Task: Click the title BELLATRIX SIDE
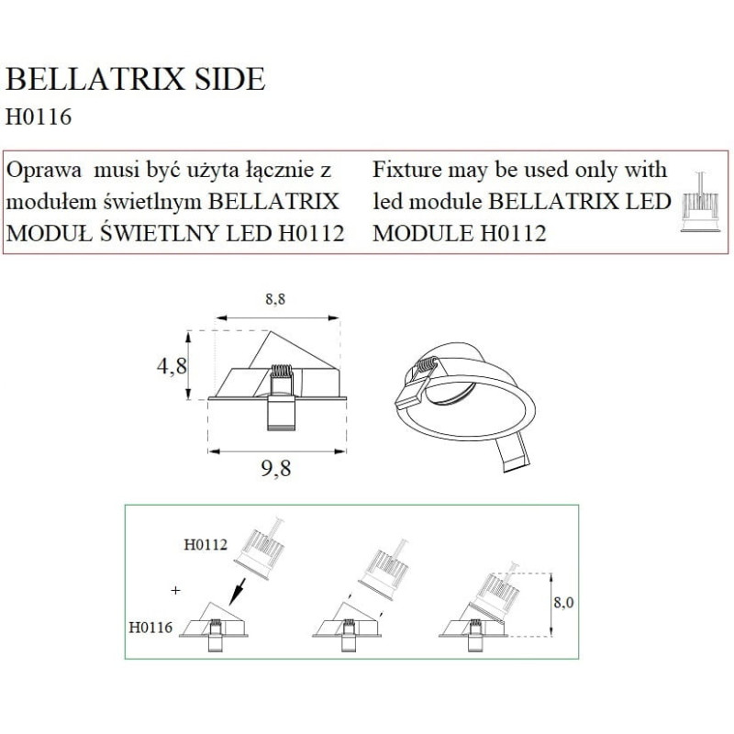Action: click(x=135, y=79)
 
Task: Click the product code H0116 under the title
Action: click(x=39, y=117)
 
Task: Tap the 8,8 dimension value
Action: click(x=275, y=299)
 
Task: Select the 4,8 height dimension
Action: click(x=172, y=365)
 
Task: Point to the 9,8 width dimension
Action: click(x=276, y=468)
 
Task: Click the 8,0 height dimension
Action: click(x=563, y=602)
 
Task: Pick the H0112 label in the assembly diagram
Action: click(x=206, y=544)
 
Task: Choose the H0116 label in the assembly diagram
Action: click(x=150, y=628)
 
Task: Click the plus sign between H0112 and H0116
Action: click(x=175, y=590)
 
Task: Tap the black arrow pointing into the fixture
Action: click(x=238, y=591)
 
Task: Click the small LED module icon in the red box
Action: click(x=695, y=202)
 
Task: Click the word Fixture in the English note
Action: click(x=406, y=170)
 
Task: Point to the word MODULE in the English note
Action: click(x=423, y=233)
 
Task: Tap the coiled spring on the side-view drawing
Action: click(x=282, y=371)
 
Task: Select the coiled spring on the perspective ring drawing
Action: click(x=428, y=364)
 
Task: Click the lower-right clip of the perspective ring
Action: click(x=513, y=452)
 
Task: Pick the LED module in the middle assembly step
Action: click(x=384, y=572)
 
